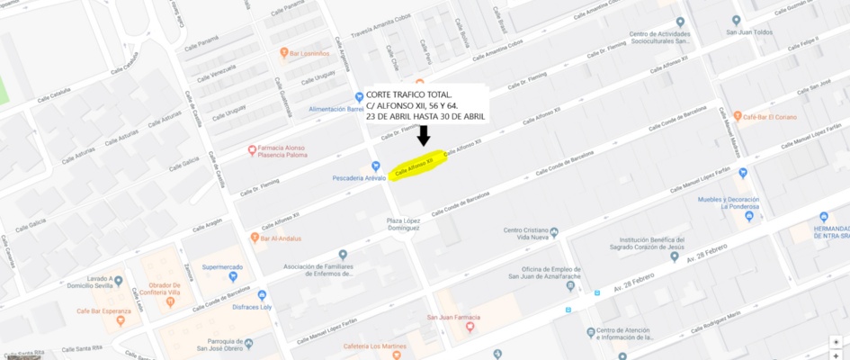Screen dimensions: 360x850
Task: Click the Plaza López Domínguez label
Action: (x=403, y=224)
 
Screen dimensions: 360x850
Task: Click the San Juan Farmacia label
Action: (x=453, y=318)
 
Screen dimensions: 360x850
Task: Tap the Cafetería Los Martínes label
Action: (x=371, y=347)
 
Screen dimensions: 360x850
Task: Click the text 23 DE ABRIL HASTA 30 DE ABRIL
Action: (x=425, y=116)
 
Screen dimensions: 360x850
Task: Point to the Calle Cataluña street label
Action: (x=54, y=95)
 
